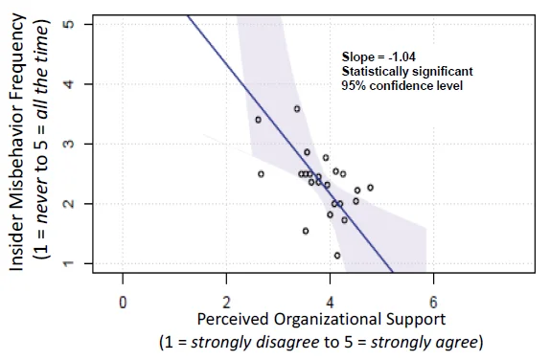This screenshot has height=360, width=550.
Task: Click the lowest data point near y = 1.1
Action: point(337,256)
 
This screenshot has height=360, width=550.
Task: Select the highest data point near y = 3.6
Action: point(297,109)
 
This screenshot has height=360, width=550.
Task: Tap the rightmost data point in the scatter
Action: point(371,188)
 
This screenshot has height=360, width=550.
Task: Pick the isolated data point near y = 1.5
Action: point(306,231)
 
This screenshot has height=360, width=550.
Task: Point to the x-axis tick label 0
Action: point(123,302)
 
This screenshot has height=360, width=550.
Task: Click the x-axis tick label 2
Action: point(226,302)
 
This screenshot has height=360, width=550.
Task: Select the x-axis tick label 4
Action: point(330,302)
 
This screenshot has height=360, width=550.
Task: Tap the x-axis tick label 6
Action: point(433,302)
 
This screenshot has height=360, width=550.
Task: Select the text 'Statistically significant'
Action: point(407,72)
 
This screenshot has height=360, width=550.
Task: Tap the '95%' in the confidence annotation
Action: point(353,85)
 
